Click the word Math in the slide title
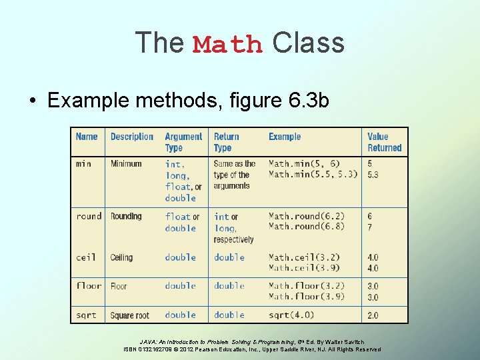[x=227, y=45]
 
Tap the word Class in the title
[x=308, y=43]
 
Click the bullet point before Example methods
[x=32, y=101]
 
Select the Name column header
[x=87, y=137]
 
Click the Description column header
[x=132, y=137]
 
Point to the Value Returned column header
[x=385, y=142]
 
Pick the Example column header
[x=285, y=137]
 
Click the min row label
[x=84, y=163]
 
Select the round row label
[x=89, y=216]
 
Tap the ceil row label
[x=86, y=257]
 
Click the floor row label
[x=89, y=286]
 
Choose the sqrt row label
[x=86, y=315]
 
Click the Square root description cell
[x=130, y=315]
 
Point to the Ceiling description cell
[x=121, y=257]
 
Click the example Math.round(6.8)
[x=307, y=227]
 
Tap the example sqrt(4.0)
[x=291, y=315]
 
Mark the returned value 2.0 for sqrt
[x=373, y=315]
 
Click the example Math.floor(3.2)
[x=307, y=286]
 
